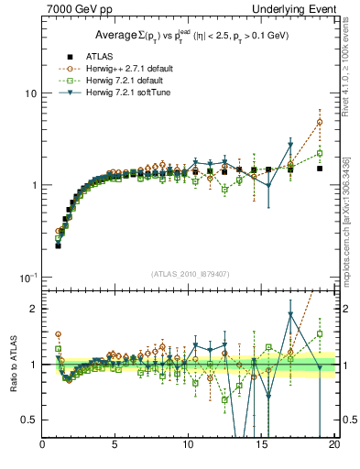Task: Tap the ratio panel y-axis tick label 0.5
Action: (29, 420)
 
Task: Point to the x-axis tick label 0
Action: (43, 446)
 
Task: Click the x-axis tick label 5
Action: (115, 446)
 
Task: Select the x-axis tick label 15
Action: (261, 446)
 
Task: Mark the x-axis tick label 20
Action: (333, 446)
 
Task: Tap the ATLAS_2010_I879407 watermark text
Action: (189, 274)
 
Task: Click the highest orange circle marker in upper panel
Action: (320, 122)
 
